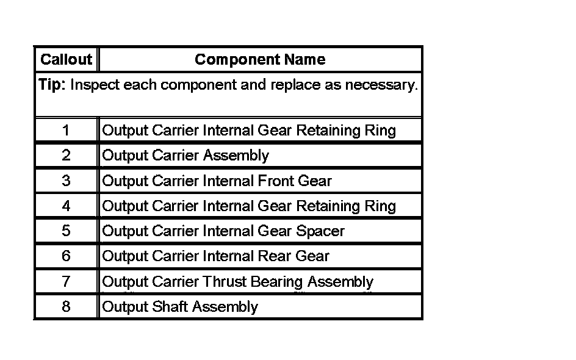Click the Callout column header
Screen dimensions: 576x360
(x=66, y=59)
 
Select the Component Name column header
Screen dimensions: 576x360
(x=260, y=59)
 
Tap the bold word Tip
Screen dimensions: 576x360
(x=51, y=85)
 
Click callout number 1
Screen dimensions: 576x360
(x=66, y=131)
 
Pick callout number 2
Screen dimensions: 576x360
(x=66, y=156)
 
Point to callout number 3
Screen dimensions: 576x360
(x=66, y=181)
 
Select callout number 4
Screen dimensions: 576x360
(x=66, y=206)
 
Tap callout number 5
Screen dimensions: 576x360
(x=66, y=231)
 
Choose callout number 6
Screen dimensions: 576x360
(x=66, y=256)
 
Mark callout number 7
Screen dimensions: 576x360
(x=66, y=282)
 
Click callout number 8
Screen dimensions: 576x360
(x=66, y=307)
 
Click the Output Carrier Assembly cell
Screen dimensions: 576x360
(x=185, y=156)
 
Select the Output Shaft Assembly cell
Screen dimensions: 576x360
(x=180, y=307)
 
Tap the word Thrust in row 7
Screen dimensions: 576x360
(x=223, y=282)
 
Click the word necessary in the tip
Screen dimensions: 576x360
(x=381, y=85)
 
